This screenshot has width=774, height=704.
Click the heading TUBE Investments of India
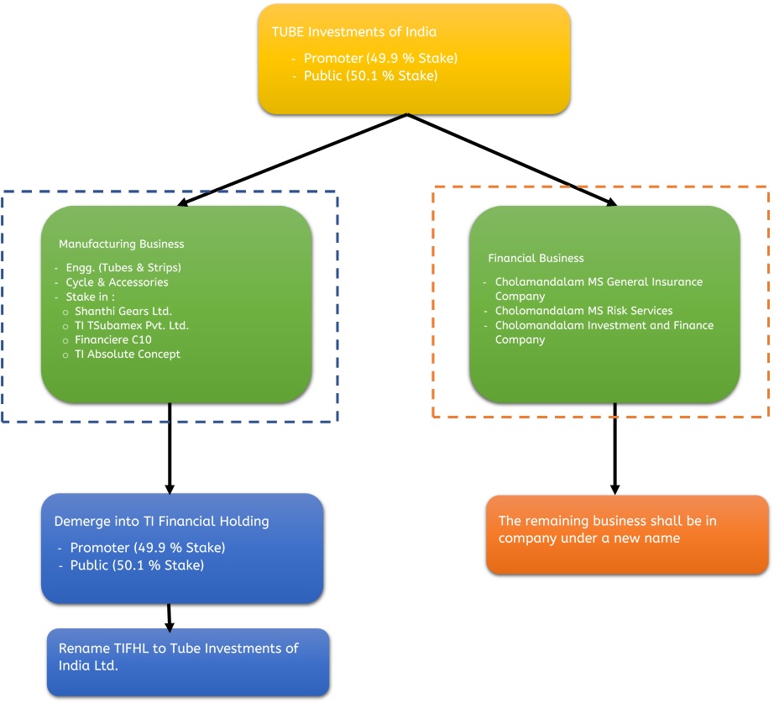[354, 32]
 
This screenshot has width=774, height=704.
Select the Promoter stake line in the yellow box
[380, 58]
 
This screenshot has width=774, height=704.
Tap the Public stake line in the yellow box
[371, 76]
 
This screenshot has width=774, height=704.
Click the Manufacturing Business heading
[122, 244]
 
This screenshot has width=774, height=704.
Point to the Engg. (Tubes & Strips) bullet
[123, 268]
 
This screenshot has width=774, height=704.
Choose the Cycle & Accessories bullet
[117, 282]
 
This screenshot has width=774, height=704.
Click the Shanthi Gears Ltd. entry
[123, 311]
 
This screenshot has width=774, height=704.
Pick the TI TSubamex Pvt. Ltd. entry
[132, 326]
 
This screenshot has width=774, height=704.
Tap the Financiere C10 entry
[113, 340]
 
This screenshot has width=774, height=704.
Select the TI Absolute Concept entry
[128, 355]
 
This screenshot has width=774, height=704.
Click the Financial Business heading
[536, 259]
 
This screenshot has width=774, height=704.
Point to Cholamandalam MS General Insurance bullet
[599, 289]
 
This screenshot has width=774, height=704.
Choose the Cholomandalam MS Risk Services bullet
[584, 311]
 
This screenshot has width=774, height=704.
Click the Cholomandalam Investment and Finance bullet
[604, 333]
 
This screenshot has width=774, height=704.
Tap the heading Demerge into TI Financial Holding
[161, 522]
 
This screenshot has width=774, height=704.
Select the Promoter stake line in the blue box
[148, 548]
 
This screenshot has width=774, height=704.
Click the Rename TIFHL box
[188, 662]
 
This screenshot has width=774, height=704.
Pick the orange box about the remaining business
[627, 534]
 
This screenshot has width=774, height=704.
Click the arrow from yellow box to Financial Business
[512, 160]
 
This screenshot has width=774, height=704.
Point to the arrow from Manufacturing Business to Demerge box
[170, 449]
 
